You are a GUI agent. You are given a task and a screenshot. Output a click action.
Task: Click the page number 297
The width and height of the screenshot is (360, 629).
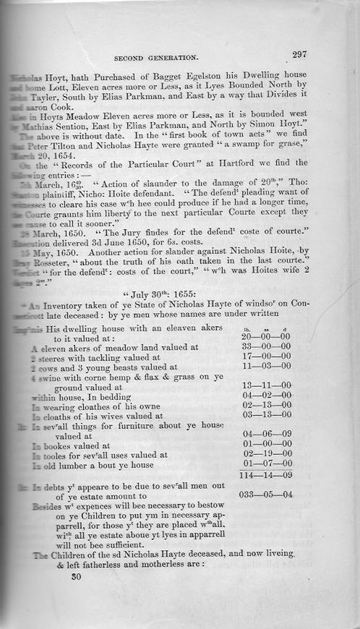[x=299, y=54]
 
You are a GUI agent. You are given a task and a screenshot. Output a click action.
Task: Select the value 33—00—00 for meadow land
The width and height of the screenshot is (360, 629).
[x=266, y=347]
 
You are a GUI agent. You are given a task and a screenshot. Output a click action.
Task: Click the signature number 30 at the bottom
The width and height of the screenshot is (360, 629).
[x=76, y=577]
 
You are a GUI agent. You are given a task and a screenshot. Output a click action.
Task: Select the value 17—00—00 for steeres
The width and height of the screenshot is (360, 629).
[x=266, y=356]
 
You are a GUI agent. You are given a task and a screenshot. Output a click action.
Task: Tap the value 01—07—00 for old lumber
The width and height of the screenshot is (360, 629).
[x=266, y=463]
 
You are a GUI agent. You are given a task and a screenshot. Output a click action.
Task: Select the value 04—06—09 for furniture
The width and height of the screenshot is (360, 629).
[x=266, y=435]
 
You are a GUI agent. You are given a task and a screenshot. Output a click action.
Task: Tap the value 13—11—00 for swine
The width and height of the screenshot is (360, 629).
[x=266, y=386]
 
